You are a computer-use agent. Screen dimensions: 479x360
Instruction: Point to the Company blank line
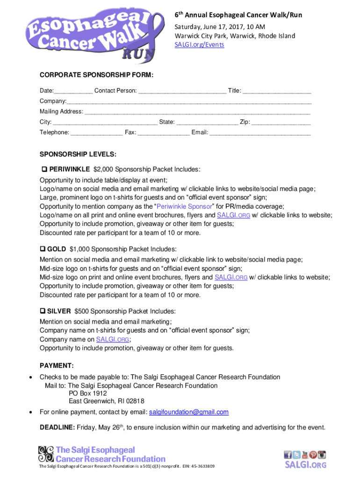(189, 101)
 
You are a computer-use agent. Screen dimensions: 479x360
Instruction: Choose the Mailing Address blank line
(197, 112)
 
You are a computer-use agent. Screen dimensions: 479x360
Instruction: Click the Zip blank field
(281, 122)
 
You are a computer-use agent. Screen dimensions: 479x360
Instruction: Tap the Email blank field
(260, 133)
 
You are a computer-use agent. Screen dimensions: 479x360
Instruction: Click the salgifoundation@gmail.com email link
(188, 412)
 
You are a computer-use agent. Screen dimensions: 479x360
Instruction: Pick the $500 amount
(82, 311)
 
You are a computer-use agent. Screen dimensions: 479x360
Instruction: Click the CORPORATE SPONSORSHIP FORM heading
(96, 75)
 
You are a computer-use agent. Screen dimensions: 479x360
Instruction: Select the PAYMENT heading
(57, 366)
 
